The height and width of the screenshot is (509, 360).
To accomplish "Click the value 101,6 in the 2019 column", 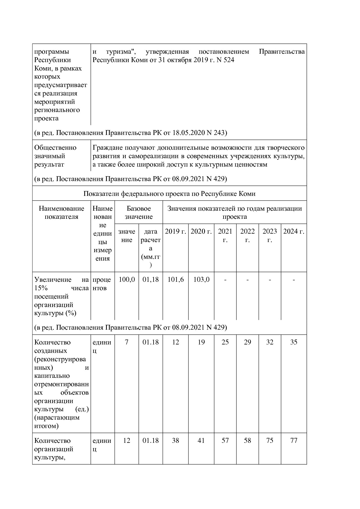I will click(175, 280).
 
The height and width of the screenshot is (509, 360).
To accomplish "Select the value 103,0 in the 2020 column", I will click(201, 280).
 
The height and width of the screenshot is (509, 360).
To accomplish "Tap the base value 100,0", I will click(127, 280).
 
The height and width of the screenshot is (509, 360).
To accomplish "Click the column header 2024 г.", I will click(294, 232).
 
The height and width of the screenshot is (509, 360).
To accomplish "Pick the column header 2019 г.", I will click(175, 232).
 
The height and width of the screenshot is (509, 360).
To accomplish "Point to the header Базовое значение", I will click(138, 213).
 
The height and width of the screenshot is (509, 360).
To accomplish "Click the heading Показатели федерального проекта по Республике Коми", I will click(169, 194).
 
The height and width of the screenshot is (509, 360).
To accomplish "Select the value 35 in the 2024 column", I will click(294, 342).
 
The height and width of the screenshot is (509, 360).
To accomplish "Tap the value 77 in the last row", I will click(294, 441).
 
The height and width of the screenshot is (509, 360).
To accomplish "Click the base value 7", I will click(127, 342).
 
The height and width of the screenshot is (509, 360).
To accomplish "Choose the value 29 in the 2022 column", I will click(247, 342).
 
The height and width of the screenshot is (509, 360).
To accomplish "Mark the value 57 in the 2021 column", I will click(225, 441).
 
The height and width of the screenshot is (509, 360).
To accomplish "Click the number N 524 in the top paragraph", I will click(225, 60).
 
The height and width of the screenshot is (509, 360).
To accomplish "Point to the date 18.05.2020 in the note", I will click(188, 133).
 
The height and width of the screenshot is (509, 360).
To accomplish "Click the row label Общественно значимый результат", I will click(55, 156).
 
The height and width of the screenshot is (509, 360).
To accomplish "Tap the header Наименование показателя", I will click(61, 213).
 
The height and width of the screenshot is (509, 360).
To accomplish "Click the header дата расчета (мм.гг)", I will click(150, 248).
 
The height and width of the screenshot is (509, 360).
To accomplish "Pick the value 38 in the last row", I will click(175, 441).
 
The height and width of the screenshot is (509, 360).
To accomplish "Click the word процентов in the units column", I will click(102, 284).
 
